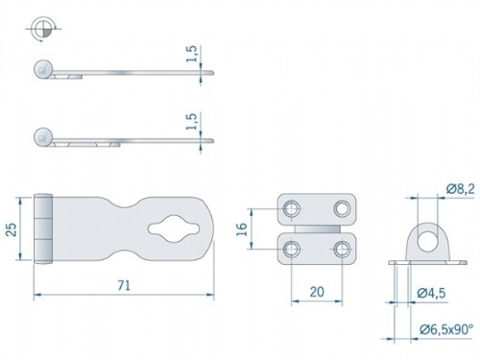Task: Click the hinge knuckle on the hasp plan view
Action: (x=43, y=229)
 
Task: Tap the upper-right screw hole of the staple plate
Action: (x=341, y=208)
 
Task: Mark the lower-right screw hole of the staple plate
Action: (x=341, y=251)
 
